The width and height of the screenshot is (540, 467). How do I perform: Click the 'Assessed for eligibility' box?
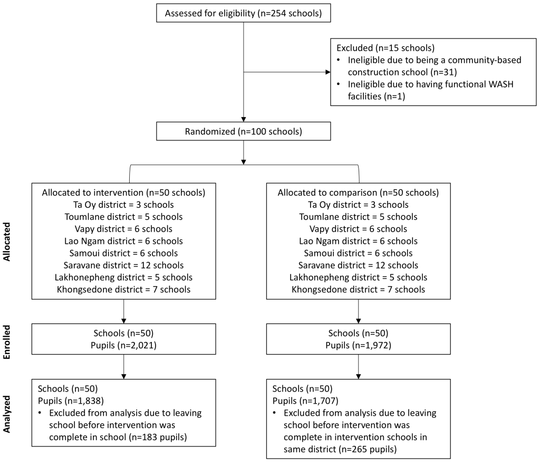tap(244, 13)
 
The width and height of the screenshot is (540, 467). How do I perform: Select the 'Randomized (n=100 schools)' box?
tap(244, 131)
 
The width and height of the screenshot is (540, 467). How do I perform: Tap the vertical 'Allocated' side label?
tap(7, 242)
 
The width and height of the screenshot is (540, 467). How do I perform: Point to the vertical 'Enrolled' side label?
tap(7, 342)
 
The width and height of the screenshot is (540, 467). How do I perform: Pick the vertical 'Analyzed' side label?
tap(7, 414)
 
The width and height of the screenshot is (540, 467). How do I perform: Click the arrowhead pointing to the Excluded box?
tap(328, 72)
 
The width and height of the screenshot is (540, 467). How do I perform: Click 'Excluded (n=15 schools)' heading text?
tap(385, 48)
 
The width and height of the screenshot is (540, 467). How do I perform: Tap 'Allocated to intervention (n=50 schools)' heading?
tap(123, 193)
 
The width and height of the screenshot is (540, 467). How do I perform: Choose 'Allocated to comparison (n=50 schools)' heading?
tap(358, 193)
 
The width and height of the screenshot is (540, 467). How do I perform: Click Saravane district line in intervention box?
tap(123, 265)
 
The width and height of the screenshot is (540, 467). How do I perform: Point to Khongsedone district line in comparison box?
tap(358, 290)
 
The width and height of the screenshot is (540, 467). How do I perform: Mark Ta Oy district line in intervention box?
tap(123, 205)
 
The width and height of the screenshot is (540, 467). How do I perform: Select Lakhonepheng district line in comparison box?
tap(358, 278)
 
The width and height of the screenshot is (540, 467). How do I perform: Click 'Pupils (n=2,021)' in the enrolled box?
tap(123, 345)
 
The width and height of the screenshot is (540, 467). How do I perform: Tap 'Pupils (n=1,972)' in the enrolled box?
tap(358, 345)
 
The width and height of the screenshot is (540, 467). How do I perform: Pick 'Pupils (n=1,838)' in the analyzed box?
tap(71, 401)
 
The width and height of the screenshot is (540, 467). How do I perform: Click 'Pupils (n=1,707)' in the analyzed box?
tap(305, 401)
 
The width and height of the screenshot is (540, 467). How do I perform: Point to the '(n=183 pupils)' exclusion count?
tap(158, 437)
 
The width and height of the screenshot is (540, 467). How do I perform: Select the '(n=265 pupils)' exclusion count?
tap(368, 450)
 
